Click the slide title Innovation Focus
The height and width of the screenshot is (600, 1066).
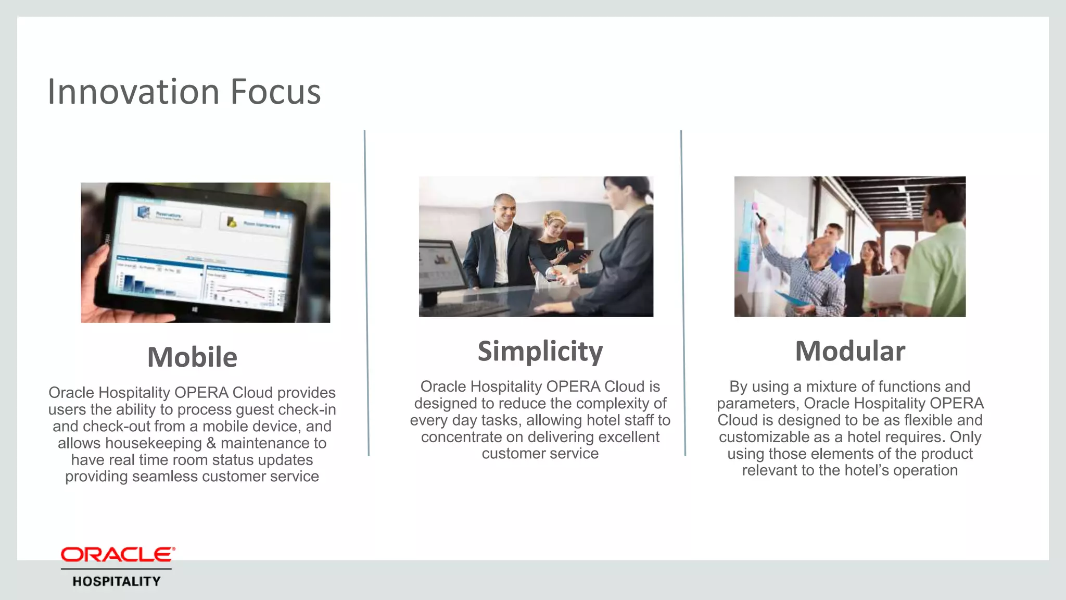point(184,92)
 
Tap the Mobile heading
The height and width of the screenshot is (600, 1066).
point(192,357)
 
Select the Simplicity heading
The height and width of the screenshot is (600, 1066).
point(540,351)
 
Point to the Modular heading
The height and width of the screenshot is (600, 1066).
point(849,351)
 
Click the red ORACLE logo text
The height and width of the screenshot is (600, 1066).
point(117,555)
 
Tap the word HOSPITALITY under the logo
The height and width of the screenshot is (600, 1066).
point(117,582)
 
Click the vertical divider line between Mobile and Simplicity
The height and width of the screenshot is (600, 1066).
point(366,292)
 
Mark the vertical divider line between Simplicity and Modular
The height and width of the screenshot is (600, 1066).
point(683,292)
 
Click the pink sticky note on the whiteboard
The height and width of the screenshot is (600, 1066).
point(755,206)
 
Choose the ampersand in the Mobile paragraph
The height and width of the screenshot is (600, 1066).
point(211,443)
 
